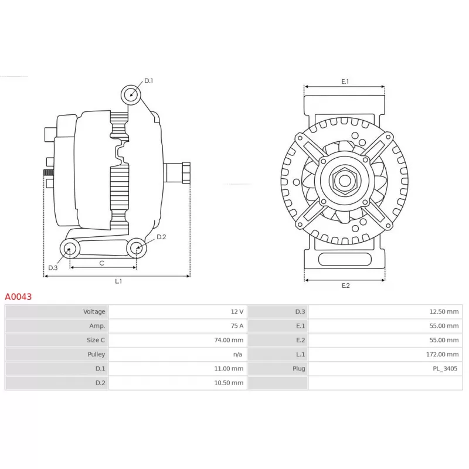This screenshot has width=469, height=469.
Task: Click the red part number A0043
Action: pyautogui.click(x=18, y=297)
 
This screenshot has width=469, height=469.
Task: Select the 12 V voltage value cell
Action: pyautogui.click(x=237, y=312)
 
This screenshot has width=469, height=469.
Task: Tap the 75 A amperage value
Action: pyautogui.click(x=237, y=326)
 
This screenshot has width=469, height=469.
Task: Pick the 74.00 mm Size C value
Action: pyautogui.click(x=229, y=340)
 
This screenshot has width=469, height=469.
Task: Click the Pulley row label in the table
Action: pyautogui.click(x=96, y=354)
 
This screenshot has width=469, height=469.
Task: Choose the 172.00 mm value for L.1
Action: pyautogui.click(x=443, y=355)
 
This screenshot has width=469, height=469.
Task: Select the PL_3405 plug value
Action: pyautogui.click(x=445, y=369)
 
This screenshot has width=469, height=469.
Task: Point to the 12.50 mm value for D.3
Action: pyautogui.click(x=444, y=312)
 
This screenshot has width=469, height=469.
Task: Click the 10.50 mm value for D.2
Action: pyautogui.click(x=229, y=383)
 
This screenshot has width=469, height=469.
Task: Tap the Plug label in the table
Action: pyautogui.click(x=299, y=369)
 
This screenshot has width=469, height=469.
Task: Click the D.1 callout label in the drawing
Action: pyautogui.click(x=149, y=81)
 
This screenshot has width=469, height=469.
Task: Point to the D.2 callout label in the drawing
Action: pyautogui.click(x=161, y=237)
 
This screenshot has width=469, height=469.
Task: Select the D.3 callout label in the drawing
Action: pyautogui.click(x=53, y=268)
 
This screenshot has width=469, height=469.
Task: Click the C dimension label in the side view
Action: pyautogui.click(x=101, y=263)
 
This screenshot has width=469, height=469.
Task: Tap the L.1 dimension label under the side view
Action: pyautogui.click(x=118, y=281)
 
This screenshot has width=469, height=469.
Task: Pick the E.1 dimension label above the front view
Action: pyautogui.click(x=345, y=81)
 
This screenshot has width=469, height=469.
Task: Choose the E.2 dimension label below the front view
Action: pyautogui.click(x=345, y=286)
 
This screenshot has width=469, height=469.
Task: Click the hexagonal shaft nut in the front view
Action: pyautogui.click(x=345, y=181)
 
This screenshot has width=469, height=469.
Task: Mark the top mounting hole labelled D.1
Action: pyautogui.click(x=131, y=95)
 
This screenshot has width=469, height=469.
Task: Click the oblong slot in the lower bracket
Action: pyautogui.click(x=345, y=259)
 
